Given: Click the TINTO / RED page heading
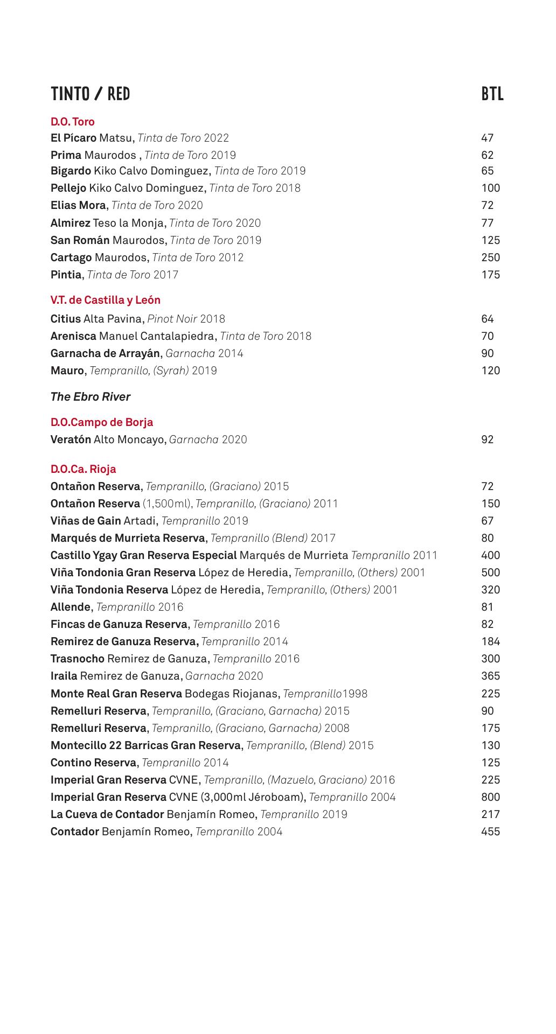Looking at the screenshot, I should pos(91,94).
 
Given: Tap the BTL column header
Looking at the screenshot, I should pos(492,94).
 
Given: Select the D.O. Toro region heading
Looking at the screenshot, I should pos(73,122).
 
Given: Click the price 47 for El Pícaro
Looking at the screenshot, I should pos(487,138).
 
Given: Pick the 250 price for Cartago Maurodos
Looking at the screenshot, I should pos(490,257).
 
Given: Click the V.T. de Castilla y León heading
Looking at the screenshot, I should pos(106,300).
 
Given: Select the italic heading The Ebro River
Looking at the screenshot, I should pos(91,397).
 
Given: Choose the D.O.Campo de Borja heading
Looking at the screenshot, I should pos(102,422).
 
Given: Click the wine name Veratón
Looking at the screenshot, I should pos(71,439).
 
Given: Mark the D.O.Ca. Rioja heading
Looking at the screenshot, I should pos(84,469).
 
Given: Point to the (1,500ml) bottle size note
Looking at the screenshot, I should pos(168,504).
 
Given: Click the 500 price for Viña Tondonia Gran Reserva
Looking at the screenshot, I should pos(490,572).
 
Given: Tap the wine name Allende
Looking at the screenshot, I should pos(71,607).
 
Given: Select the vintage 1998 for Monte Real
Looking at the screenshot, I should pos(355,694).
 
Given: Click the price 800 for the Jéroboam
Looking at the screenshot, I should pos(490,797).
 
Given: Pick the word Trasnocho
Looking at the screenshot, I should pos(78,659).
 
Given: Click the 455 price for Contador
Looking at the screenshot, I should pos(490,832).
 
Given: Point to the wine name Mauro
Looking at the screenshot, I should pos(67,371).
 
